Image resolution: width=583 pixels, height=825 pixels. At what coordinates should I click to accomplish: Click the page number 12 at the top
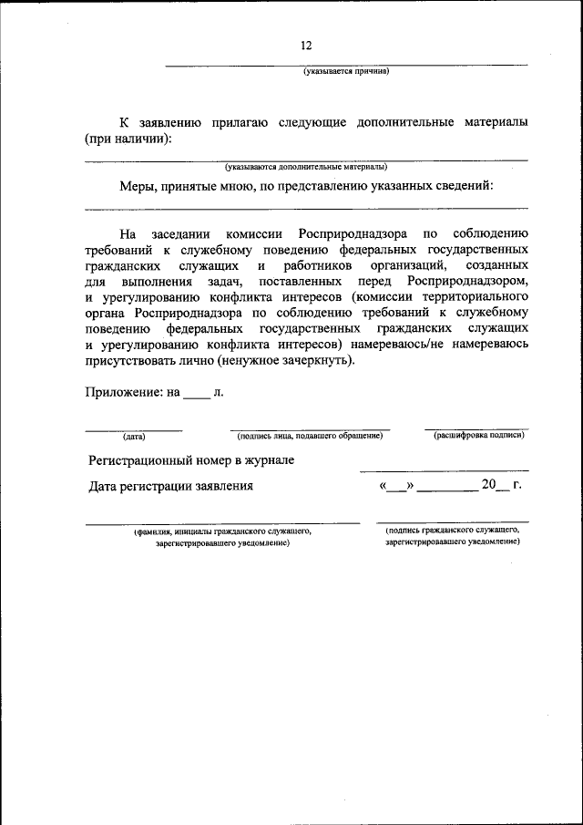306,46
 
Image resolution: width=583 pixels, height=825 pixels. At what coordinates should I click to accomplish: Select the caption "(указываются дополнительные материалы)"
306,167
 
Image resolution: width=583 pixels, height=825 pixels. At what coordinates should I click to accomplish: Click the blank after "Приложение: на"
196,395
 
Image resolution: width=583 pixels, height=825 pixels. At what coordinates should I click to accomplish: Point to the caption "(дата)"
134,436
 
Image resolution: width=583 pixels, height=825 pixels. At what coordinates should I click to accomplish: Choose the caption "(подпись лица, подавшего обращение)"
309,436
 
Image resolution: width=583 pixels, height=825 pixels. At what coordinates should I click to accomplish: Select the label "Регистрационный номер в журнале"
190,460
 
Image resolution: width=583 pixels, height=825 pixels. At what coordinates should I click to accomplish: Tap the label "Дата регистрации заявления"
170,486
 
